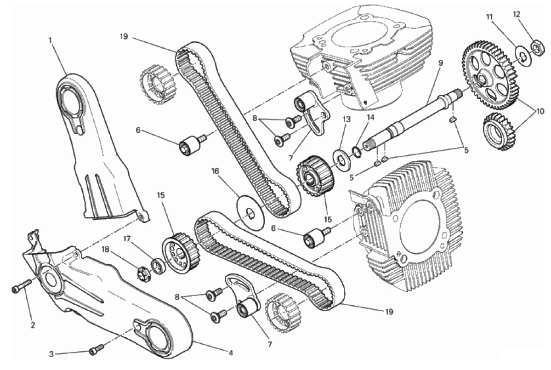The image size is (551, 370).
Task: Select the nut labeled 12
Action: pos(536,46)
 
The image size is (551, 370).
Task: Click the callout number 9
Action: pos(440,63)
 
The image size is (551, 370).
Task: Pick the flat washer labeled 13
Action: pos(341,160)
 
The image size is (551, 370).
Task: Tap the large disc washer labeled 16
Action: pos(251,213)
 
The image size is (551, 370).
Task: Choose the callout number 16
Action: pos(215,171)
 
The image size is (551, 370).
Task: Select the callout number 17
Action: pos(127,239)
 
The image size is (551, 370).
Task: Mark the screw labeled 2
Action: pos(22,286)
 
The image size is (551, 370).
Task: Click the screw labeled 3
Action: pos(97,349)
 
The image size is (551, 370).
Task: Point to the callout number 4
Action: pos(231,353)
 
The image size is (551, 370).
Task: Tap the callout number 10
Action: pos(540,111)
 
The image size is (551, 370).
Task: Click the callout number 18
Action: pos(105,249)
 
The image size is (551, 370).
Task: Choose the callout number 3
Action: pos(51,354)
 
